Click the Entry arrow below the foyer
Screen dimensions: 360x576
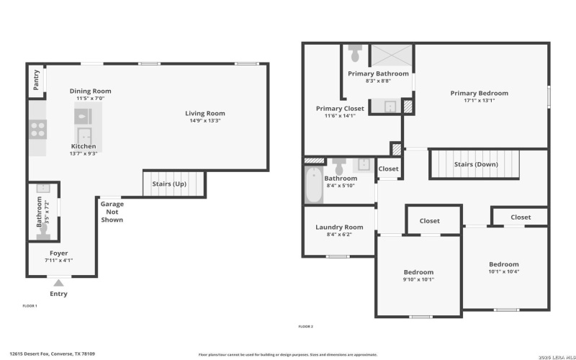pyautogui.click(x=58, y=283)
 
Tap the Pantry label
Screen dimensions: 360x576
pyautogui.click(x=36, y=82)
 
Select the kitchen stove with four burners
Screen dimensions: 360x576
pyautogui.click(x=37, y=130)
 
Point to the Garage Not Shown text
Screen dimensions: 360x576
pyautogui.click(x=112, y=212)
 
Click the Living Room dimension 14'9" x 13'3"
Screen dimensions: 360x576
pyautogui.click(x=205, y=121)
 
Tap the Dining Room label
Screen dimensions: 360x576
pyautogui.click(x=90, y=91)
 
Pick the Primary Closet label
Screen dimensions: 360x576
pyautogui.click(x=340, y=109)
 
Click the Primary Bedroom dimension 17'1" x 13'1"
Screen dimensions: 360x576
pyautogui.click(x=479, y=101)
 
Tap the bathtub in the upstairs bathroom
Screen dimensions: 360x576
pyautogui.click(x=314, y=185)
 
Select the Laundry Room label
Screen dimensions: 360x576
pyautogui.click(x=339, y=227)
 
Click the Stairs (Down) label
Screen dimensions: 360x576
pyautogui.click(x=475, y=164)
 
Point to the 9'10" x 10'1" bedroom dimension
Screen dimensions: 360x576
pyautogui.click(x=418, y=279)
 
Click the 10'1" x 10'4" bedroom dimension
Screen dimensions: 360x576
pyautogui.click(x=504, y=271)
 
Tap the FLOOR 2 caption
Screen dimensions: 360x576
pyautogui.click(x=305, y=326)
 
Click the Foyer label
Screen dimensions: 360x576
pyautogui.click(x=58, y=253)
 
